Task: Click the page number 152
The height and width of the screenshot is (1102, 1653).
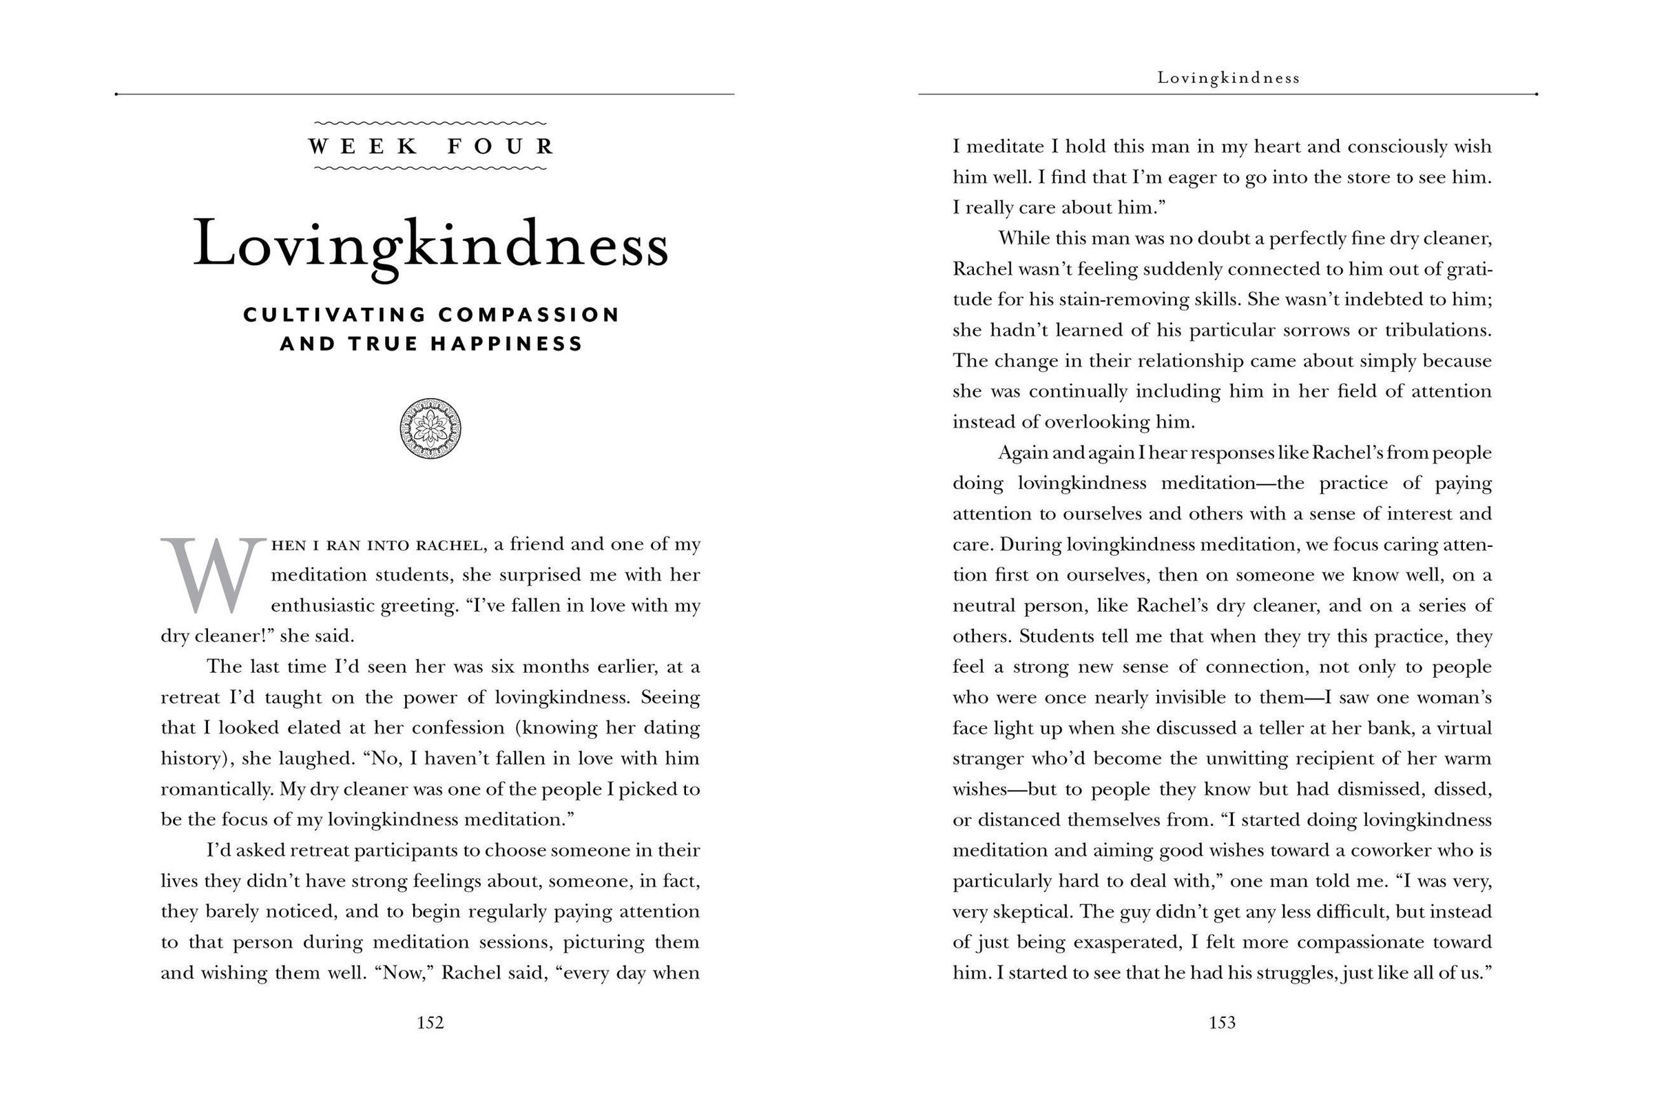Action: (430, 1023)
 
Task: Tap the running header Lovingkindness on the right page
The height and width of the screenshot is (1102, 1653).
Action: (1229, 78)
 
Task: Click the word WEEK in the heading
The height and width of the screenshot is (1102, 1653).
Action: (364, 146)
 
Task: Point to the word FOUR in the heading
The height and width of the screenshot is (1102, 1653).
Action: (501, 146)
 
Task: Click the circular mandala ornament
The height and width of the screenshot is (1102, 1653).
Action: (430, 428)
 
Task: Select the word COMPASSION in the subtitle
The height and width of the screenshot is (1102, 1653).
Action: (528, 314)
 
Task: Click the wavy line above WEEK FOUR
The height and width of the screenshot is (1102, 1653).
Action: (430, 124)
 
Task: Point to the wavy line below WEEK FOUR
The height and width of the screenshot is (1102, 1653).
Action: (430, 168)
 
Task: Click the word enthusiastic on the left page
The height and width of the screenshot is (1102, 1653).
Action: (322, 606)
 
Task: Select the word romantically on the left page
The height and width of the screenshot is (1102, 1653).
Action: (215, 789)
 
